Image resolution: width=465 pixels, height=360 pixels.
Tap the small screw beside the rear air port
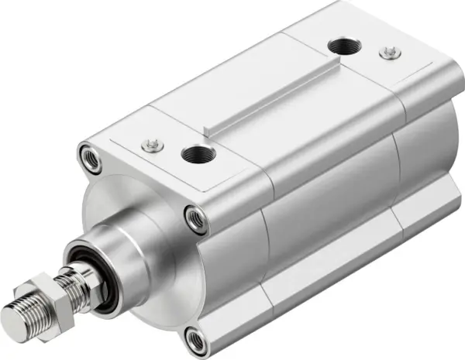pos(384,53)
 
